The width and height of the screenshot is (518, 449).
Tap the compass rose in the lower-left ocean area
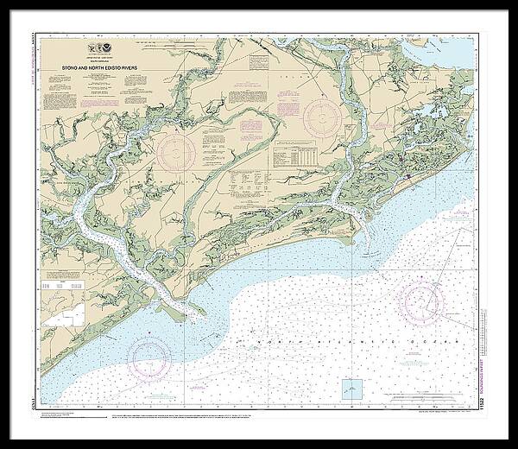[149, 355]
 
